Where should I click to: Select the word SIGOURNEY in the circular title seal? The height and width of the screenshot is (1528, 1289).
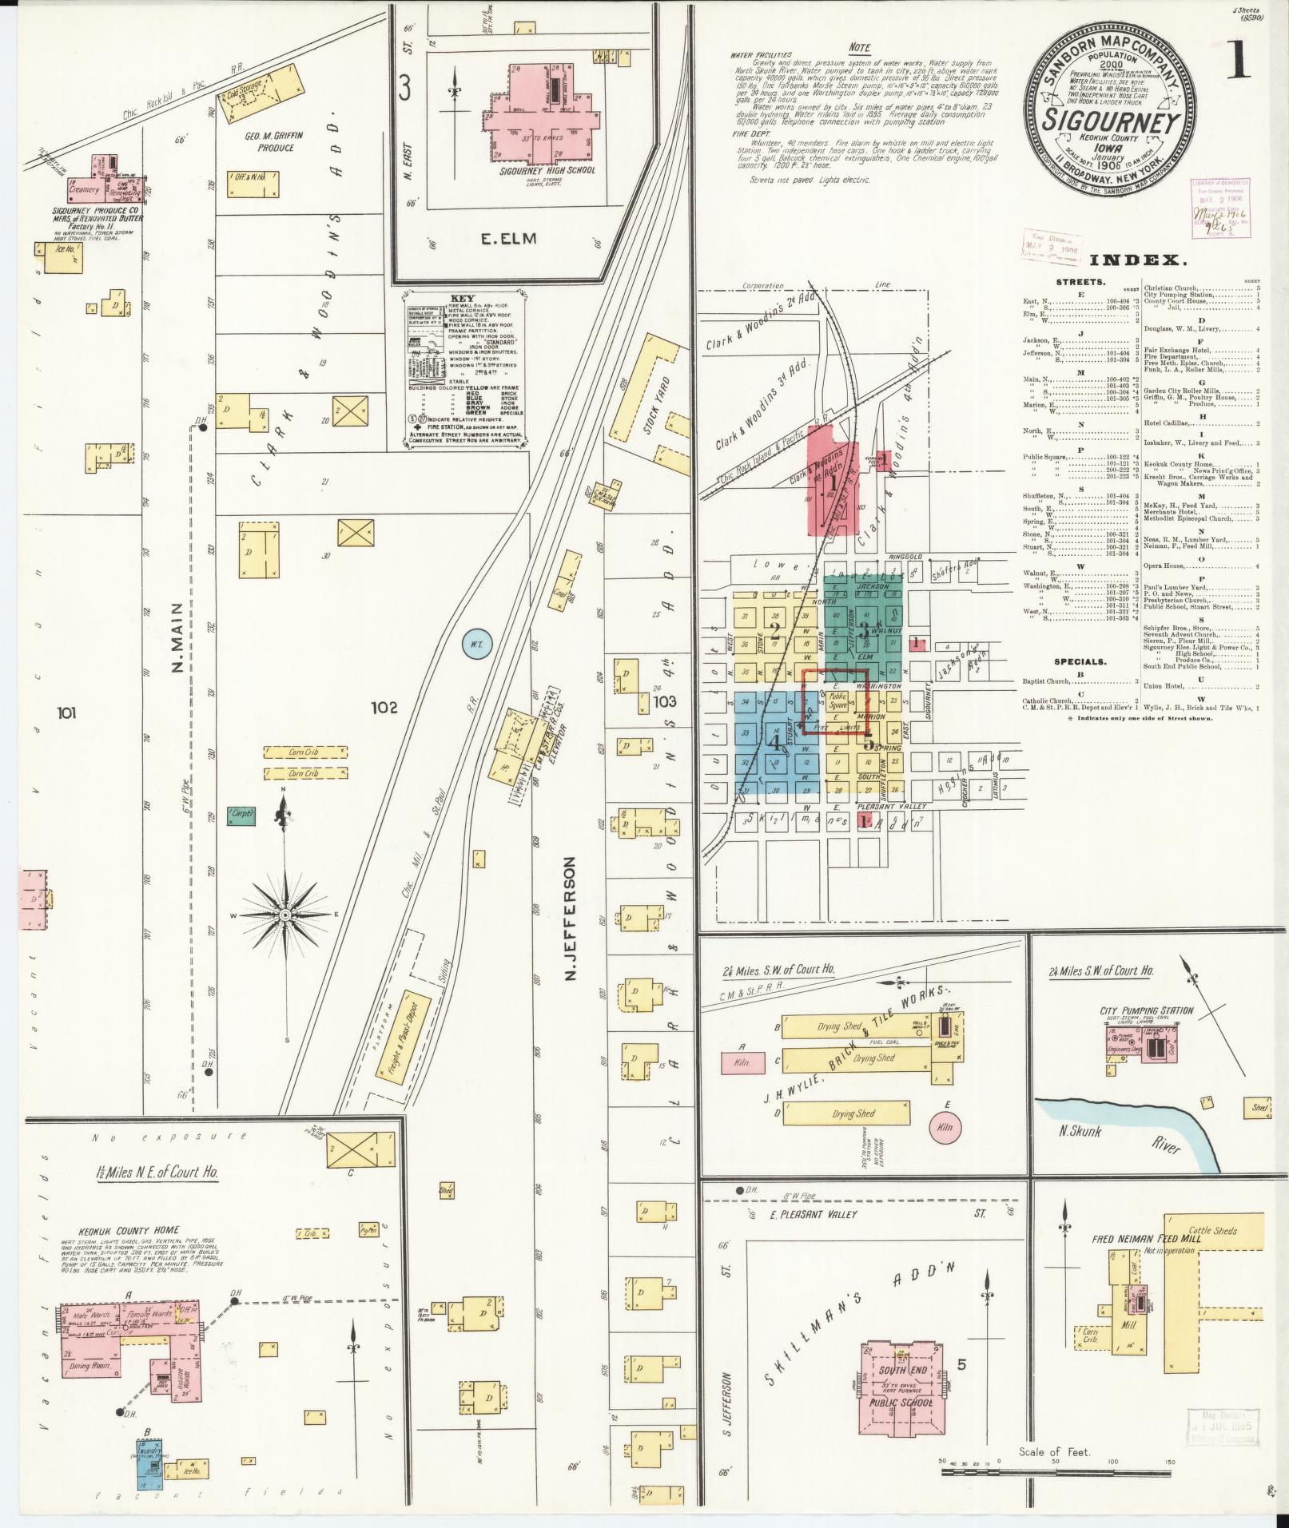coord(1111,123)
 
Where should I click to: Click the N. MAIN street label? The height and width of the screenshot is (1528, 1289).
coord(177,639)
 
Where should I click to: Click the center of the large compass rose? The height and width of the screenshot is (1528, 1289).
coord(284,913)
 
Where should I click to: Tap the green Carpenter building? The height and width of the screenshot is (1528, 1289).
coord(240,816)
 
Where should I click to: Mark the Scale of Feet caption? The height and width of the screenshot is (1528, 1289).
coord(1054,1451)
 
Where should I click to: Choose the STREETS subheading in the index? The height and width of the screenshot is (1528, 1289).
coord(1080,282)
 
